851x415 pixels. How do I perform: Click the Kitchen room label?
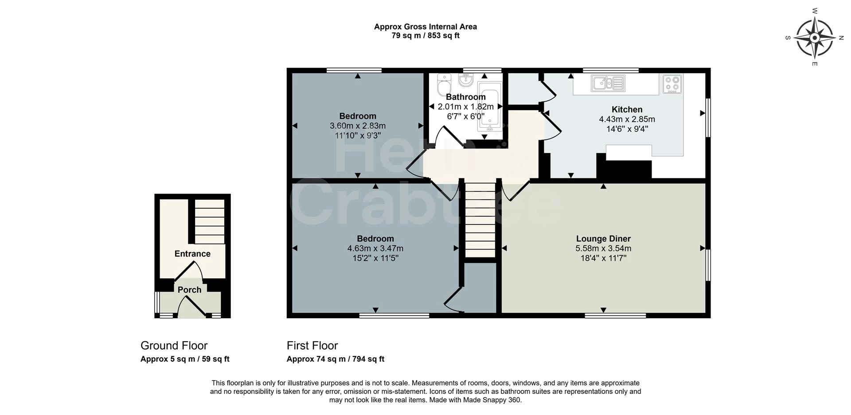click(627, 110)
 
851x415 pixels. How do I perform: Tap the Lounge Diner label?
click(603, 239)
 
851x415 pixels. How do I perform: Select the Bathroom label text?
click(465, 97)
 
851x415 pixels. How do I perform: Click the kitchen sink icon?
click(608, 83)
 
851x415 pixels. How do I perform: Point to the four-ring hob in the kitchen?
click(672, 84)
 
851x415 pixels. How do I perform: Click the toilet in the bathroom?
click(443, 84)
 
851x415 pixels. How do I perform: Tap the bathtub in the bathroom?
click(489, 107)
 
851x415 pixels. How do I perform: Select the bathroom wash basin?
click(466, 80)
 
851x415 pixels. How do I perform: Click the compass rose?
click(815, 38)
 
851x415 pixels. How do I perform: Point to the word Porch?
click(189, 290)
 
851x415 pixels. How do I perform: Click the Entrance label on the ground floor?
click(192, 254)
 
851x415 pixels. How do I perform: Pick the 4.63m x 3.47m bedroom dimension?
click(375, 249)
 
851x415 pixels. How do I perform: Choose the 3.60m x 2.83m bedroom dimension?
click(358, 126)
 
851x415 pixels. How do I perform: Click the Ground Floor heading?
click(174, 345)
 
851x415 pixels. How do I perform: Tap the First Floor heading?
click(312, 345)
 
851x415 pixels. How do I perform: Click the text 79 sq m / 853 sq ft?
click(425, 36)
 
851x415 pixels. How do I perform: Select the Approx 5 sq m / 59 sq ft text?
click(185, 359)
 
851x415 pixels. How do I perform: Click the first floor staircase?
click(480, 220)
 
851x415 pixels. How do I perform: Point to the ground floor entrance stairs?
click(210, 221)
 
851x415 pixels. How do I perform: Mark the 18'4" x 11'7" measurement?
click(603, 258)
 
